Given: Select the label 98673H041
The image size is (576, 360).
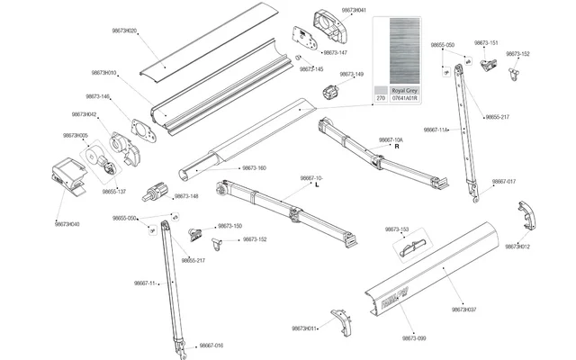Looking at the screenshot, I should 354,9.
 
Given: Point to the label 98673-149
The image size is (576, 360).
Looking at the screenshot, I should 352,75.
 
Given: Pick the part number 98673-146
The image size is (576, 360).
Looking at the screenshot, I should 98,96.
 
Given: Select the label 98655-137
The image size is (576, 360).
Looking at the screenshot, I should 114,192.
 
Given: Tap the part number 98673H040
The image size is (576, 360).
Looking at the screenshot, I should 67,224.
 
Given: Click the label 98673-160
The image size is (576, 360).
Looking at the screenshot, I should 254,168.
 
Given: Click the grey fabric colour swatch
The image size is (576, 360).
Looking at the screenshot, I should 404,50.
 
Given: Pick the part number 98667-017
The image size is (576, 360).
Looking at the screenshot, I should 504,182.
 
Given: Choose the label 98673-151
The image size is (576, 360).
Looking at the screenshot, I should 487,43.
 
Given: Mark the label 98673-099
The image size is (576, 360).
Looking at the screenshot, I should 414,337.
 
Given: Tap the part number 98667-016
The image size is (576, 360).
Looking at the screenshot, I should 211,346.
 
